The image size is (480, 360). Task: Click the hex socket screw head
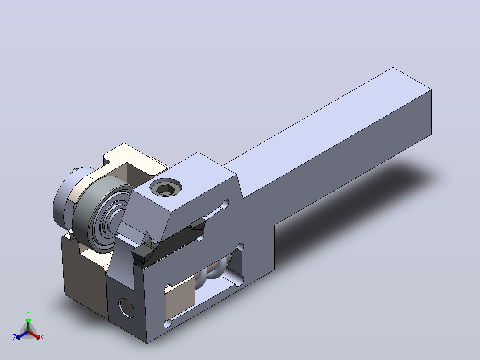pyautogui.click(x=166, y=187)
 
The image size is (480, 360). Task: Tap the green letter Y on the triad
pyautogui.click(x=28, y=313)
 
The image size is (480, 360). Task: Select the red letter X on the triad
pyautogui.click(x=42, y=337)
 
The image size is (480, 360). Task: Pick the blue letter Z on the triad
pyautogui.click(x=15, y=337)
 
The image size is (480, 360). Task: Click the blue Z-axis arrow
pyautogui.click(x=22, y=335)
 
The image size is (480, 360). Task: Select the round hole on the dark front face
pyautogui.click(x=126, y=307)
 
